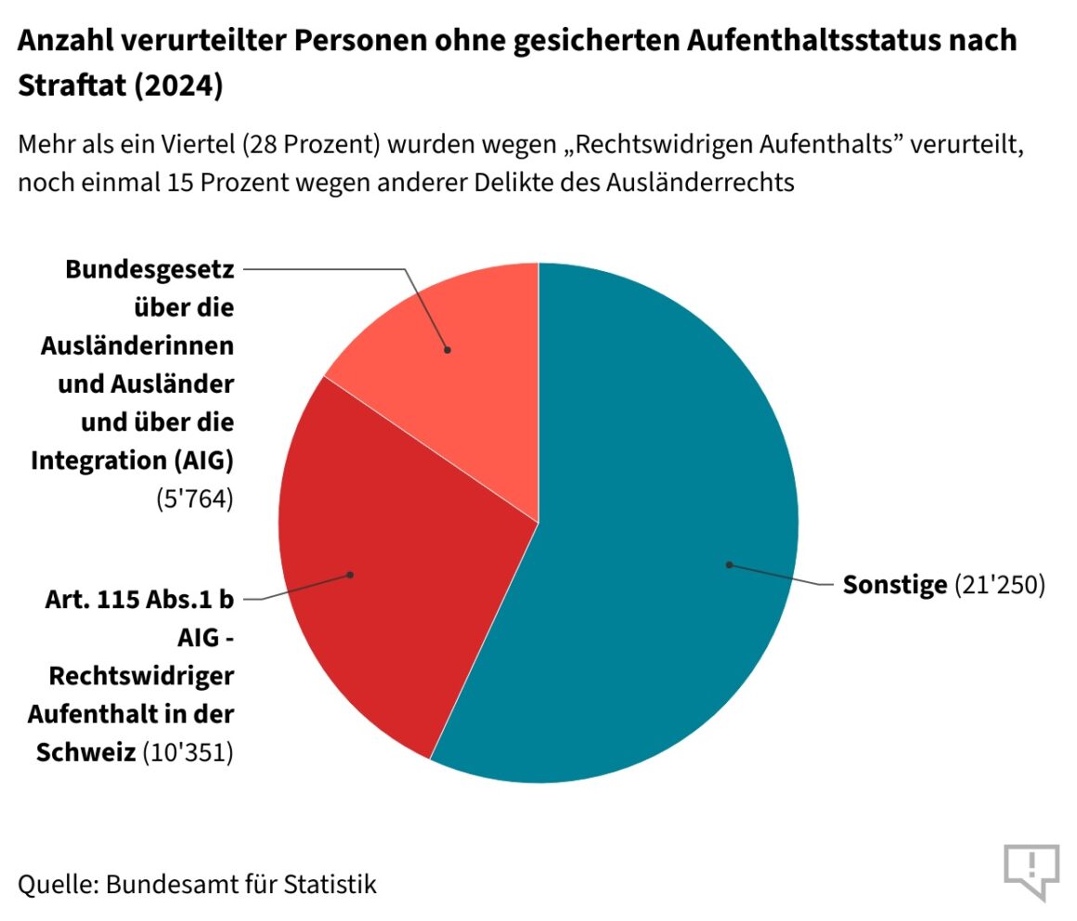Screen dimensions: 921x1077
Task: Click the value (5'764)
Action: click(194, 499)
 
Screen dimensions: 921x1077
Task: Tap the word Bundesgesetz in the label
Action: click(149, 269)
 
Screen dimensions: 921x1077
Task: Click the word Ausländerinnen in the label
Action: click(137, 345)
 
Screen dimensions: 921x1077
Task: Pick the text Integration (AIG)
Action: click(132, 460)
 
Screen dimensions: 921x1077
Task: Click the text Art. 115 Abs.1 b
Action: click(140, 600)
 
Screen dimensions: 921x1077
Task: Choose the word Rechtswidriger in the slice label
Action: click(141, 676)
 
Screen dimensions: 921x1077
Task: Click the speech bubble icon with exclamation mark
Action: click(1031, 870)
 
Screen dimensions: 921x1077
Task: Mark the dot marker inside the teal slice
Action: click(730, 564)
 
